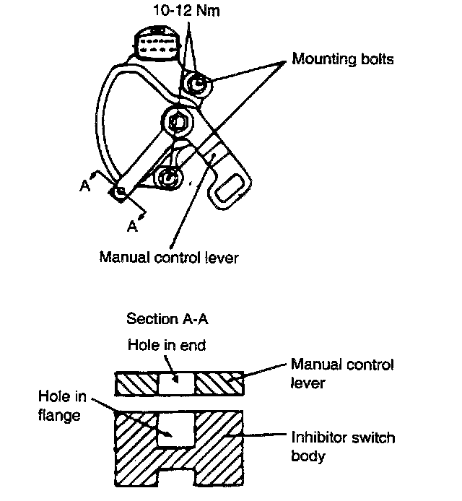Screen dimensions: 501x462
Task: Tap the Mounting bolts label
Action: click(x=343, y=59)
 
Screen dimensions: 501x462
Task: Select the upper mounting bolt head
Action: click(x=196, y=84)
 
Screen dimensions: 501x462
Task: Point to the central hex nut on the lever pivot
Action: click(x=178, y=123)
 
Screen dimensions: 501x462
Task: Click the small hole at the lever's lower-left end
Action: click(x=120, y=191)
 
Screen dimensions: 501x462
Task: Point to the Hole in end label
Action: click(x=166, y=345)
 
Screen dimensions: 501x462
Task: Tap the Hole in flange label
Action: click(x=62, y=406)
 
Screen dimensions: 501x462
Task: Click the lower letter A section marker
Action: click(x=131, y=227)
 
